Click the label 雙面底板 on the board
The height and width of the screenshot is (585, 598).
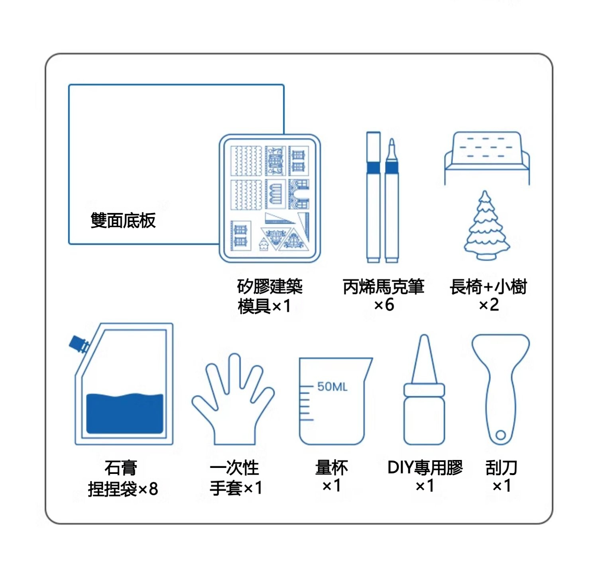123,221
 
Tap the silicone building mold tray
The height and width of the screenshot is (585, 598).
270,198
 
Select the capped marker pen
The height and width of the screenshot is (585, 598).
374,197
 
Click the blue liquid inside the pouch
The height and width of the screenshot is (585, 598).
125,413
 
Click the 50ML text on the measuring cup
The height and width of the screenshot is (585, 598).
332,387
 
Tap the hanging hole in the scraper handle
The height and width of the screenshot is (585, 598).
501,435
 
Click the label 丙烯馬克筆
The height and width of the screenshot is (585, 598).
383,287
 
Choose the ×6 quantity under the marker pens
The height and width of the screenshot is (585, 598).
384,305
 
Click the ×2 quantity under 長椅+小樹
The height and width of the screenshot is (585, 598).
489,305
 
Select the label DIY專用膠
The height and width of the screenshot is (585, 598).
425,468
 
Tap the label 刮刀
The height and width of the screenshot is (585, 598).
501,468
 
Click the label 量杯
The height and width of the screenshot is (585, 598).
332,468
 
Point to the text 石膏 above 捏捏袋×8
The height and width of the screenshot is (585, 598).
121,468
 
